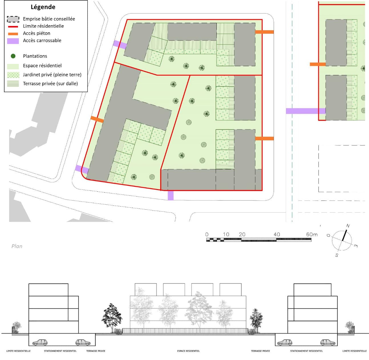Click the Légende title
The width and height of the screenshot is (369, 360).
pos(43,7)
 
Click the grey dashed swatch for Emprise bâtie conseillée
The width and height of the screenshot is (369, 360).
pos(13,19)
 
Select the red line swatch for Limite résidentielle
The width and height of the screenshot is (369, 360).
pos(13,27)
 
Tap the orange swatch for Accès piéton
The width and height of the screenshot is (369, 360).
pos(13,34)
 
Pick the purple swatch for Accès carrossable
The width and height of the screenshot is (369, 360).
pos(13,41)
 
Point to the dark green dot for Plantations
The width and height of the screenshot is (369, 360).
pos(13,56)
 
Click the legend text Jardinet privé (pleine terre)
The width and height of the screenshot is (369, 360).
pos(52,75)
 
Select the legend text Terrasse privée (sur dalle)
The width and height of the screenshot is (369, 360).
pos(51,84)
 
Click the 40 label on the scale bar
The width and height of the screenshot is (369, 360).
pos(277,234)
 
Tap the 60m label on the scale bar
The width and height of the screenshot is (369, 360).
pos(312,234)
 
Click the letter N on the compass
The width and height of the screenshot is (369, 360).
pos(348,226)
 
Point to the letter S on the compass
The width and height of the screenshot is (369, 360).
pos(336,255)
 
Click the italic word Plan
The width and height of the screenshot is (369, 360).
pos(17,246)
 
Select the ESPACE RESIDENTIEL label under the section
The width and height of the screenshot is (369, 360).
pos(188,351)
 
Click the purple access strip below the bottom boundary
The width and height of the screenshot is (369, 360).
pos(170,195)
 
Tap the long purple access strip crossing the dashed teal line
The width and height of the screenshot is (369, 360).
pos(306,111)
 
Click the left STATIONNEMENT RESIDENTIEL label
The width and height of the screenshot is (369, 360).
pos(60,351)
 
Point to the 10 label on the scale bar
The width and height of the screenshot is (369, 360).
pos(226,234)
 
